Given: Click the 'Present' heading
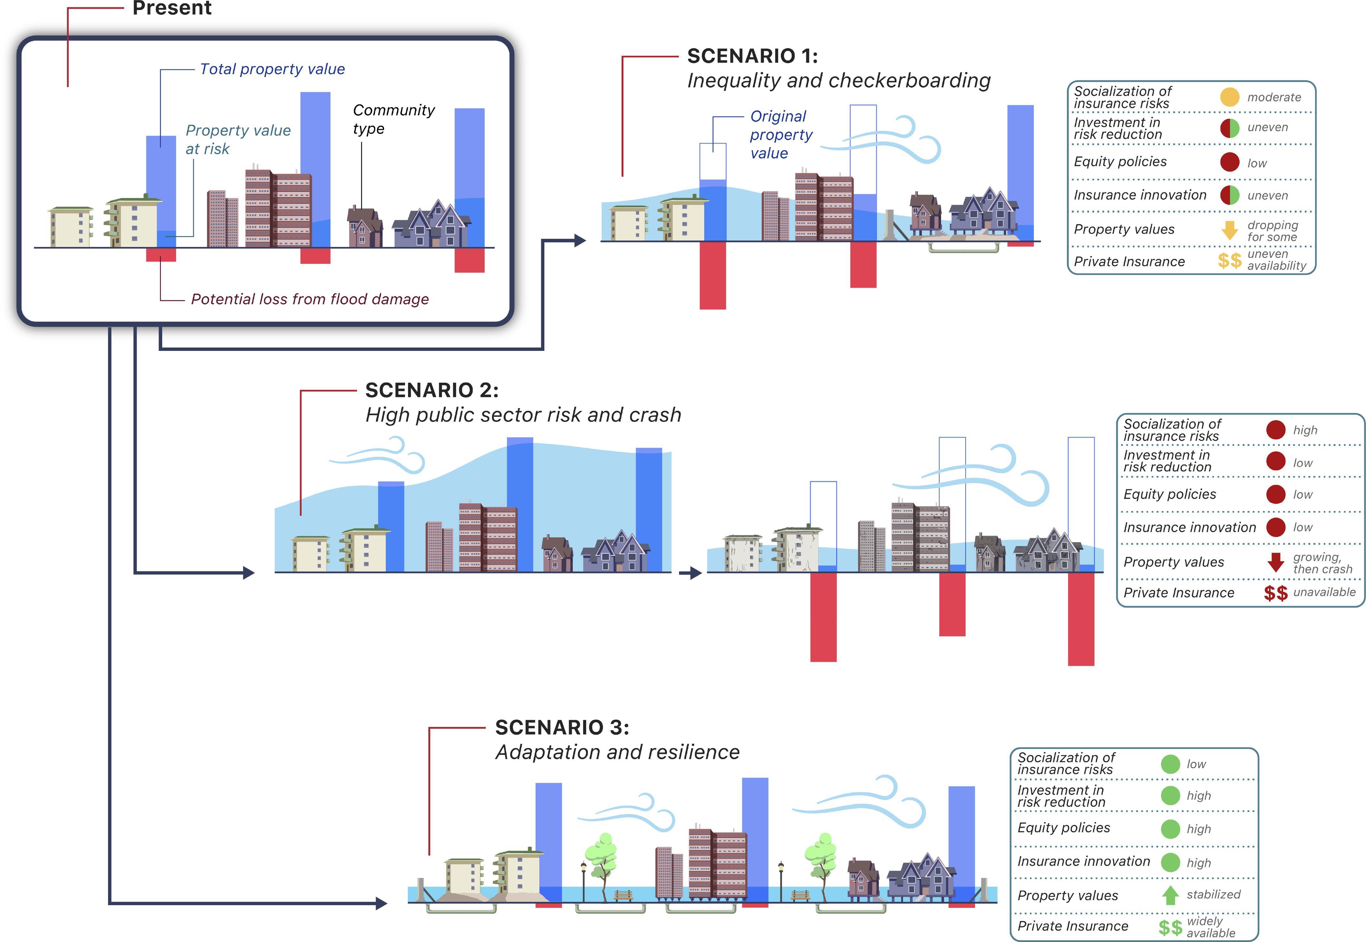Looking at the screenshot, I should pos(172,8).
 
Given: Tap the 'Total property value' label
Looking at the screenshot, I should pos(272,69).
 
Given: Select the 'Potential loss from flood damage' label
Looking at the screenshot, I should pos(310,299).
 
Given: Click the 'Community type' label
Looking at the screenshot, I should pos(393,119).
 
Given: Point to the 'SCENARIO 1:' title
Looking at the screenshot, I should pos(752,56).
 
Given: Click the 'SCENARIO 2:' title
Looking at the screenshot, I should pos(431,390).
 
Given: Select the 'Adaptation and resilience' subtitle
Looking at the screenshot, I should pos(617,752).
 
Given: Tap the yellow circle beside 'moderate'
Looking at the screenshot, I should pos(1230,97).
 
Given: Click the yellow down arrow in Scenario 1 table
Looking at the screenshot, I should pos(1230,230).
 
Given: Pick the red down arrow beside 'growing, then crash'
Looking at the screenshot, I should pos(1276,562).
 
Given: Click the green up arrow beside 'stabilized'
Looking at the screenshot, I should pos(1170,895).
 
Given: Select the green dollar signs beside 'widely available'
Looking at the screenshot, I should pos(1170,927).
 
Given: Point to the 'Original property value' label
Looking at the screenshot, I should pos(781,134).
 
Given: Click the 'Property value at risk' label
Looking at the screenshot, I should pos(238,139).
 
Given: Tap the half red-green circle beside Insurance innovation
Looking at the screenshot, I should pos(1230,195).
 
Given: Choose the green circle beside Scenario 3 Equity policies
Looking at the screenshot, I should pos(1170,829).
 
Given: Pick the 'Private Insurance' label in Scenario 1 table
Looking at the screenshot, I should pos(1129,262).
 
